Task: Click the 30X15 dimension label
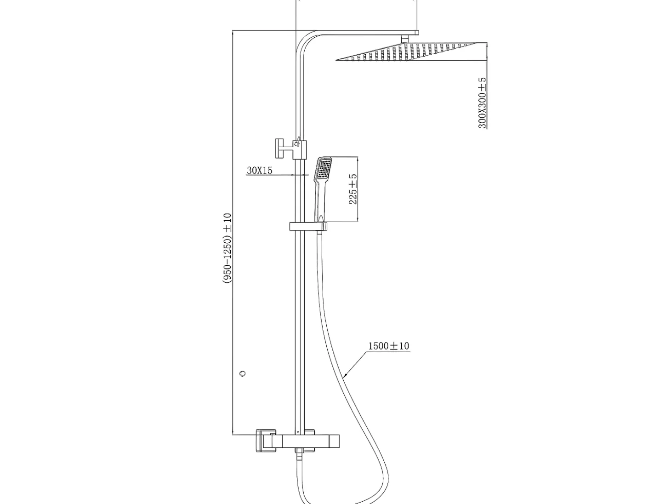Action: pyautogui.click(x=259, y=171)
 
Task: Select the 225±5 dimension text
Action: pyautogui.click(x=353, y=189)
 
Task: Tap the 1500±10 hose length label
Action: pyautogui.click(x=388, y=346)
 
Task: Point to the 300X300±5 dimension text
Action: pyautogui.click(x=482, y=103)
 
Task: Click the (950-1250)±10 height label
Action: pyautogui.click(x=228, y=248)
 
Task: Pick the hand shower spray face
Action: pyautogui.click(x=324, y=168)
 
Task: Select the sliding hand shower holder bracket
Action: pyautogui.click(x=308, y=227)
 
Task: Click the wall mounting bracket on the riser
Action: pyautogui.click(x=290, y=149)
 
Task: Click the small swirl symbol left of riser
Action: pyautogui.click(x=243, y=373)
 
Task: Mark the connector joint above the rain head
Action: pyautogui.click(x=405, y=39)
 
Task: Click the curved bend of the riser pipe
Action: pyautogui.click(x=306, y=42)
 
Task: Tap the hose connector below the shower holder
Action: pyautogui.click(x=319, y=233)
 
